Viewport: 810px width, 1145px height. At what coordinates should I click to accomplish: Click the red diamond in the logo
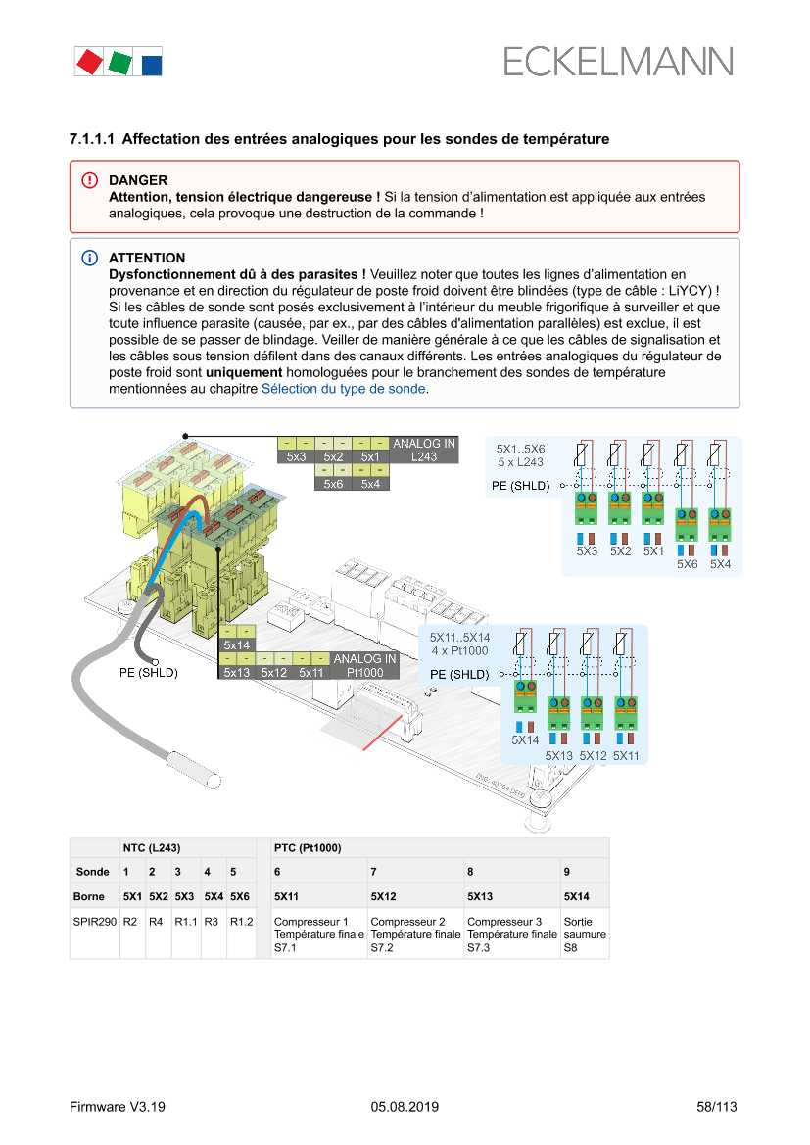[89, 62]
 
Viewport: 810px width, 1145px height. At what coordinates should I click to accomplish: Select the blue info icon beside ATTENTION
[90, 258]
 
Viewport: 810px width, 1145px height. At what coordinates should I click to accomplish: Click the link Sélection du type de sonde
[343, 389]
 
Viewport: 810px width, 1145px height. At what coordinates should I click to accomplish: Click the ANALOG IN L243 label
[423, 451]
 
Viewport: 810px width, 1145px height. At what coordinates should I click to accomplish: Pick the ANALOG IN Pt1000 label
[364, 666]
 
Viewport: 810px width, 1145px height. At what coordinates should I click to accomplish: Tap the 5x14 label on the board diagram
[237, 645]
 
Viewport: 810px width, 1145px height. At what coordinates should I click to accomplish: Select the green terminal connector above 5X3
[587, 509]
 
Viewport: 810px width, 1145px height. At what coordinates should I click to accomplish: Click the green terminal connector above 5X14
[526, 696]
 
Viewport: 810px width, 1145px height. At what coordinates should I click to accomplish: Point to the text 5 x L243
[520, 461]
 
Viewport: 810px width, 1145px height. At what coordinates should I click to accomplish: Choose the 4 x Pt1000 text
[459, 651]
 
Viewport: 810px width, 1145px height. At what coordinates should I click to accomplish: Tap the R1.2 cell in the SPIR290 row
[241, 922]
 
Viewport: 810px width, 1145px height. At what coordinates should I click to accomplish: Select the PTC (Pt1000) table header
[308, 847]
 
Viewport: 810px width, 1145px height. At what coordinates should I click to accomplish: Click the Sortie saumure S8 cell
[585, 934]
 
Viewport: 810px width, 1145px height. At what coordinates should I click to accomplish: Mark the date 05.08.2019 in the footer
[405, 1107]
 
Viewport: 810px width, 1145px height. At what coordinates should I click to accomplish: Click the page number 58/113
[716, 1107]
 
